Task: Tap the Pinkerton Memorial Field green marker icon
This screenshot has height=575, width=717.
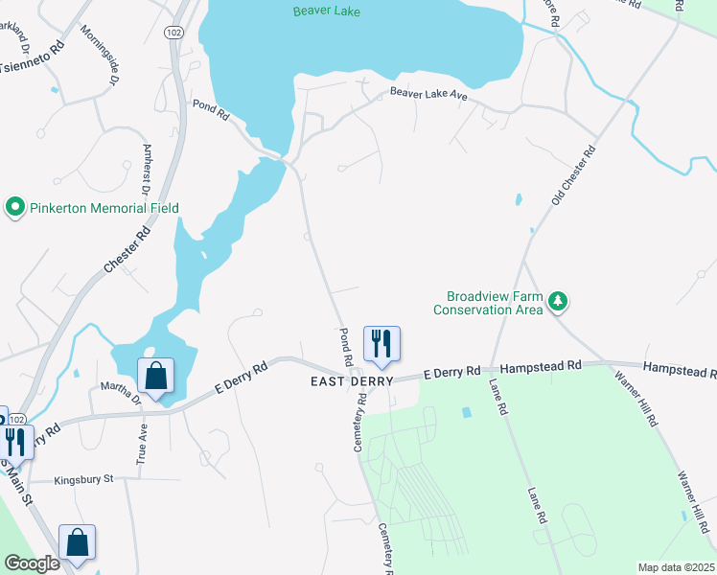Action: [14, 207]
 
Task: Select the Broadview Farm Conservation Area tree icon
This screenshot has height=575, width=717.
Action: [558, 303]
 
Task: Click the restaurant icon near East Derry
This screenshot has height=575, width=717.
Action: [382, 343]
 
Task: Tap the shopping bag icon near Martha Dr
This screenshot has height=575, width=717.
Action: [156, 376]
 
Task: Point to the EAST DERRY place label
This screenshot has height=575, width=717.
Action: [351, 381]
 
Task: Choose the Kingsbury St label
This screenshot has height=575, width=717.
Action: [83, 478]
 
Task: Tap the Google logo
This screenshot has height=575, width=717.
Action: [32, 563]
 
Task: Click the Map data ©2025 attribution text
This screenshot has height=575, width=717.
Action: [676, 567]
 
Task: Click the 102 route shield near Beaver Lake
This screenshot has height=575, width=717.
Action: [173, 32]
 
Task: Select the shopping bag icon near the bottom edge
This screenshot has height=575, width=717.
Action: [78, 542]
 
